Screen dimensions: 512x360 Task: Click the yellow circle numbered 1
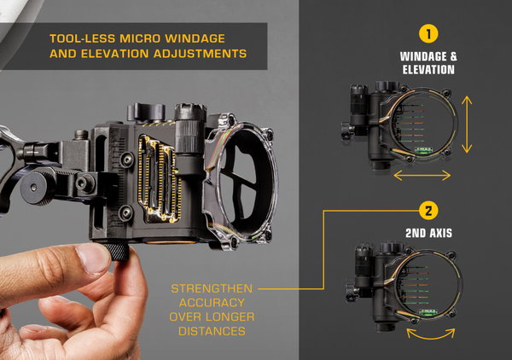click(428, 33)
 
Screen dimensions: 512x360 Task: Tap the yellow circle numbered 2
click(428, 211)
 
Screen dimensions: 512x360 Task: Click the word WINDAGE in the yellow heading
click(195, 38)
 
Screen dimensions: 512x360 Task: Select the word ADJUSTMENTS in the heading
click(200, 54)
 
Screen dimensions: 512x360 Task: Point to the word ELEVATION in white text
click(428, 69)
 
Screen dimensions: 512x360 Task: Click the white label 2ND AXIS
click(428, 233)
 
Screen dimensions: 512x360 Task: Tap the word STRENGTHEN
click(212, 288)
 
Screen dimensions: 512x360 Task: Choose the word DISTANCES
click(212, 331)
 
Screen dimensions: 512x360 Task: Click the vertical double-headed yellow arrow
click(467, 125)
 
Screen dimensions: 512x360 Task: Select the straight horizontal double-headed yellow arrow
click(422, 175)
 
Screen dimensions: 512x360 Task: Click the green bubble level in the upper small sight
click(423, 150)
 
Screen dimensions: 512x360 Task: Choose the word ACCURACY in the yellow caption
click(212, 303)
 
